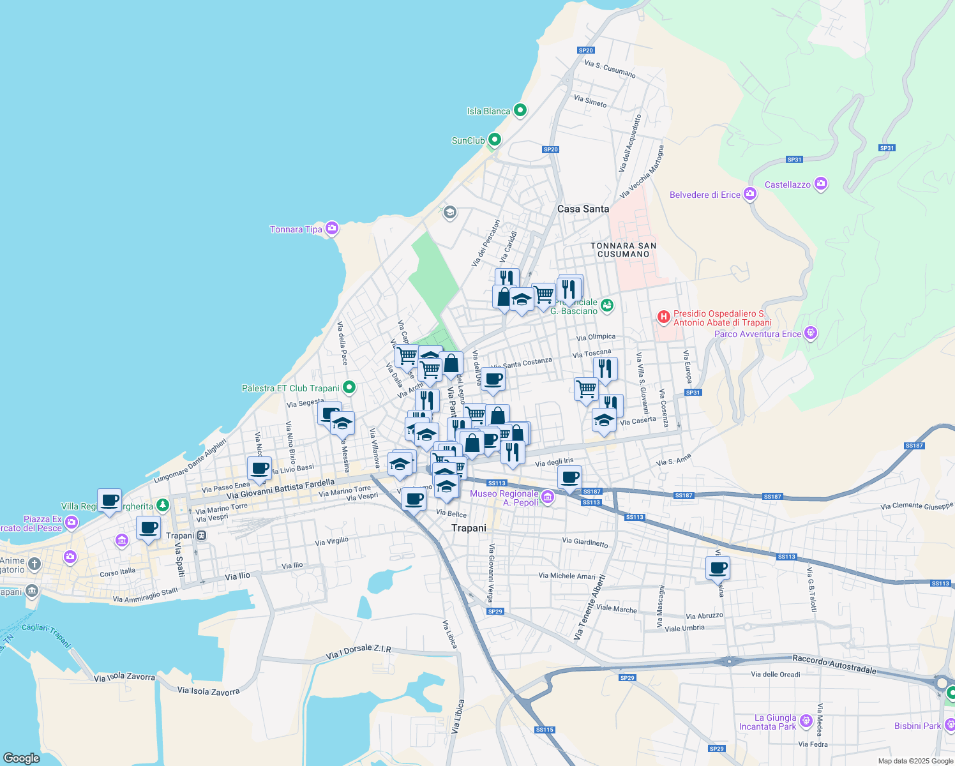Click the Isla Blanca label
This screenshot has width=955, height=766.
point(488,111)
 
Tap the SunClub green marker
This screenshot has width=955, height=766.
point(495,139)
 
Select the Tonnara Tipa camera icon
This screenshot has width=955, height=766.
point(331,229)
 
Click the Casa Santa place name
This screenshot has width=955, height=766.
point(583,209)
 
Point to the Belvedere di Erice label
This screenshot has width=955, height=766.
point(705,195)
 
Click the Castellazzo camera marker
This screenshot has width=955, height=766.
point(821,184)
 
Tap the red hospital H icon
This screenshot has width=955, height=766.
point(664,316)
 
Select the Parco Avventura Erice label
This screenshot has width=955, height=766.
point(758,334)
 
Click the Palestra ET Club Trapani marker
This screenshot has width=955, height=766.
point(349,387)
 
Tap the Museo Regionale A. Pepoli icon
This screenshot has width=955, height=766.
point(548,497)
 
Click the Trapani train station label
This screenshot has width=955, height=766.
point(180,536)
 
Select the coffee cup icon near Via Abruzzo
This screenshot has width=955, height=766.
point(718,567)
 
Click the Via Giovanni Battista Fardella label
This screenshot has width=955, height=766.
point(280,489)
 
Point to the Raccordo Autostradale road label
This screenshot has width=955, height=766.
point(834,664)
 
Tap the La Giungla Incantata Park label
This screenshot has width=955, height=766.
point(767,722)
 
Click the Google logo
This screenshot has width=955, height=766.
point(21,758)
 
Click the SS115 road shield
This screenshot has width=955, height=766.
point(545,730)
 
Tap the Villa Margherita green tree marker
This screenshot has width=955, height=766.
point(163,506)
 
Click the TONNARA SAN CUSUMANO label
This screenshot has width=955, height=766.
point(623,250)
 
